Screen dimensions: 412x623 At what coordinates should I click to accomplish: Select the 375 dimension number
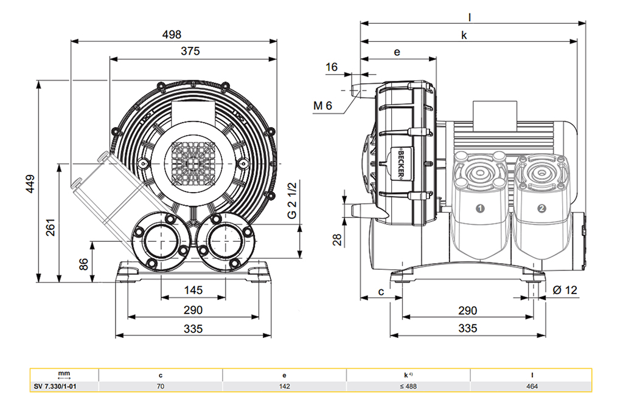click(190, 52)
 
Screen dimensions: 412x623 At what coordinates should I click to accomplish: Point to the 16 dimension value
click(331, 67)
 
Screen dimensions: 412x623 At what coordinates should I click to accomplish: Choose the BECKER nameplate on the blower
click(402, 163)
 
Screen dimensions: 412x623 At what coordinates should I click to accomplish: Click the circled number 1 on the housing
click(479, 208)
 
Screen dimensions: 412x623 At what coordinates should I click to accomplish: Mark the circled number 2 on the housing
click(541, 208)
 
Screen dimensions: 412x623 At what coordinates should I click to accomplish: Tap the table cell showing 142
click(285, 386)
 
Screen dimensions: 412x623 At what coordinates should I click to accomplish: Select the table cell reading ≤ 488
click(408, 386)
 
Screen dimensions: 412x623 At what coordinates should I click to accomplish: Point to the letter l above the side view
click(470, 18)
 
